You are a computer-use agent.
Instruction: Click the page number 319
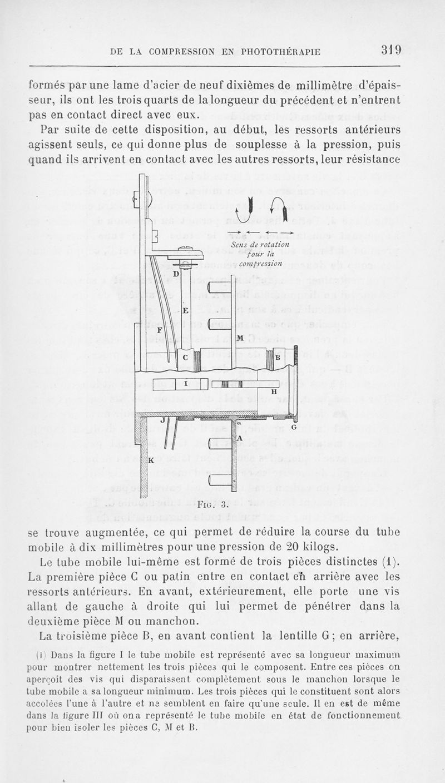(390, 51)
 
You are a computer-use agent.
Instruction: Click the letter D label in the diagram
(175, 274)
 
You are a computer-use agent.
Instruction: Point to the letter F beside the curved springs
(160, 330)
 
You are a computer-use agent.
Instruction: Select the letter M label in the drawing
(240, 338)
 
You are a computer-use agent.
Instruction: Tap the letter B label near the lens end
(277, 358)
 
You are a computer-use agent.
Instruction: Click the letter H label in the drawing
(274, 392)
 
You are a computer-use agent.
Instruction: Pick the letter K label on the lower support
(151, 460)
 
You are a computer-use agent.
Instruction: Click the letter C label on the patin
(186, 358)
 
